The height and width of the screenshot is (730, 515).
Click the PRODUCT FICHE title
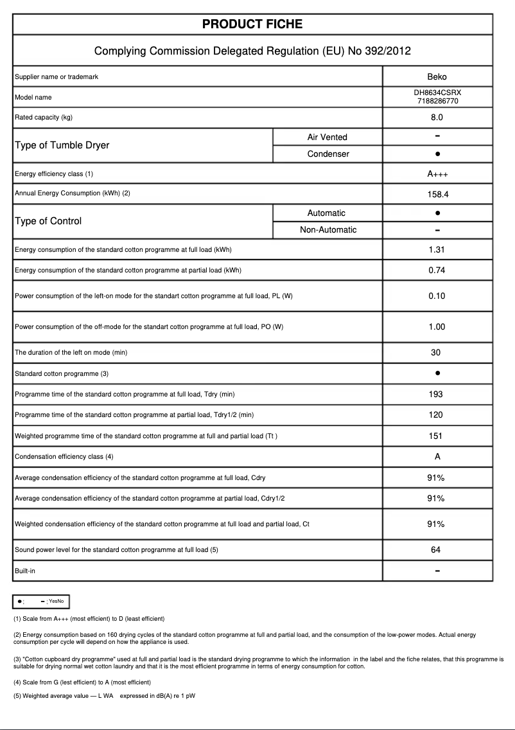click(252, 24)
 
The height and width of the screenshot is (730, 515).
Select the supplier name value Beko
click(437, 77)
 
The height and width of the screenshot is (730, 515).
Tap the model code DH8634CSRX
click(437, 93)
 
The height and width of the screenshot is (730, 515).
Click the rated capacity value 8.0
click(437, 118)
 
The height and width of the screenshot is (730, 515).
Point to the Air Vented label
click(327, 137)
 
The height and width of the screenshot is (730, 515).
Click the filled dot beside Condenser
click(437, 154)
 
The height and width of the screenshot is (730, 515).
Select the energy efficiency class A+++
click(437, 174)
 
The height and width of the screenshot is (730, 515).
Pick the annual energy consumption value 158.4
click(437, 194)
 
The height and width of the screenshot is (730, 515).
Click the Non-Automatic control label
click(328, 230)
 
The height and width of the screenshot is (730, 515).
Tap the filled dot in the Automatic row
click(437, 213)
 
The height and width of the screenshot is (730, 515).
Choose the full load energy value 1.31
click(437, 249)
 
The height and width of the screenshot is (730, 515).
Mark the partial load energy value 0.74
click(437, 270)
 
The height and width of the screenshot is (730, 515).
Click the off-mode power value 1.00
click(437, 326)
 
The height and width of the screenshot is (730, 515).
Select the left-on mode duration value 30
click(436, 352)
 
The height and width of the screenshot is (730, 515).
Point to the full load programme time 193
click(436, 394)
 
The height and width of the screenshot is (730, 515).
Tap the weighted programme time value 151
click(436, 436)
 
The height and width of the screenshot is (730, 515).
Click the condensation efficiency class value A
click(437, 456)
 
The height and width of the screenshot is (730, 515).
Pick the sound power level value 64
click(436, 549)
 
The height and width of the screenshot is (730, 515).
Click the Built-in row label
click(25, 571)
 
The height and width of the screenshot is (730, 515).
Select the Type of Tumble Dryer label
click(62, 145)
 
